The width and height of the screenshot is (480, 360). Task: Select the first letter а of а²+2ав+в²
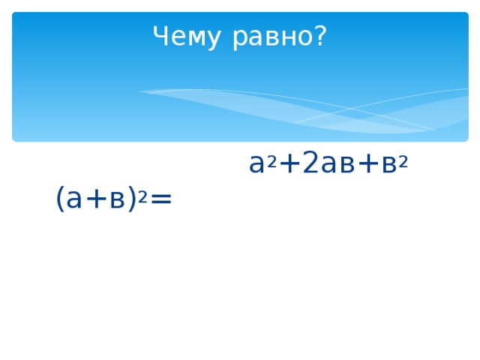pos(256,163)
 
